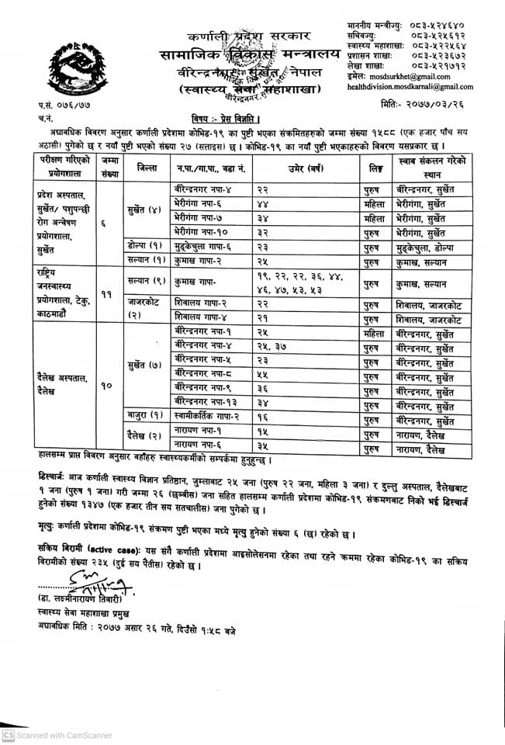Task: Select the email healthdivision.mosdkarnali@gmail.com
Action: click(410, 88)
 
